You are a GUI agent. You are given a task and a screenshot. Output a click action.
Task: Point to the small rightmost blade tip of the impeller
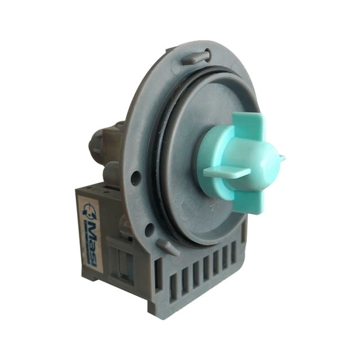[282, 159]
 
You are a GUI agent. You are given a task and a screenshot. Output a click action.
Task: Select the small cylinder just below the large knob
[113, 171]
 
